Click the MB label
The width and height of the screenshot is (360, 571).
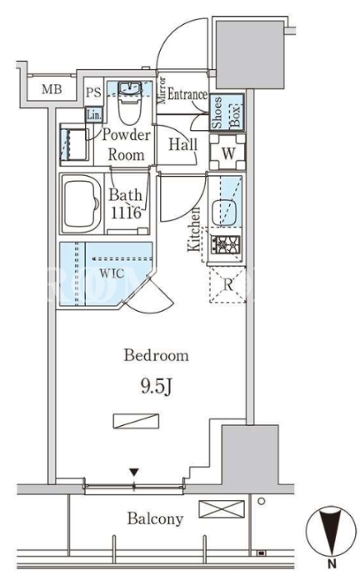tap(52, 89)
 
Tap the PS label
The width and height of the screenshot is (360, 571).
tap(93, 93)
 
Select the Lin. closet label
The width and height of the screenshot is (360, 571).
tap(94, 115)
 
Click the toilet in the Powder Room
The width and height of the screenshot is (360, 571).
tap(130, 103)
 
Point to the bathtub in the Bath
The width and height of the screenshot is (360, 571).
tap(81, 204)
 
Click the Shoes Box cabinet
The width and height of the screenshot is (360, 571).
tap(227, 113)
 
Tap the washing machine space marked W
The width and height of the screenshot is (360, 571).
tap(227, 153)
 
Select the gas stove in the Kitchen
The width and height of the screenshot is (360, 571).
tap(225, 244)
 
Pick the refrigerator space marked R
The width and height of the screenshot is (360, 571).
tap(227, 284)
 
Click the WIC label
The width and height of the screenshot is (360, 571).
tap(112, 273)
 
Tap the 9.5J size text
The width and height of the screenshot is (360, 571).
tap(156, 387)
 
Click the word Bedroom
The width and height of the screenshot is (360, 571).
tap(156, 355)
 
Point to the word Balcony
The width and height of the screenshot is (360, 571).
tap(155, 518)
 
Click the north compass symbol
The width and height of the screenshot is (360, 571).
tap(331, 531)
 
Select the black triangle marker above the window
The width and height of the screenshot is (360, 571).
tap(134, 473)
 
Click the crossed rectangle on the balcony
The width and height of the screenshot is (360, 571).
tap(222, 509)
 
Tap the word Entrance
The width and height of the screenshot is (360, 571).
tap(187, 95)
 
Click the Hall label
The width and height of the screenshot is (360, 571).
tap(182, 144)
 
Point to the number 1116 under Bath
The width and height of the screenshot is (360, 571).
tap(126, 213)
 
